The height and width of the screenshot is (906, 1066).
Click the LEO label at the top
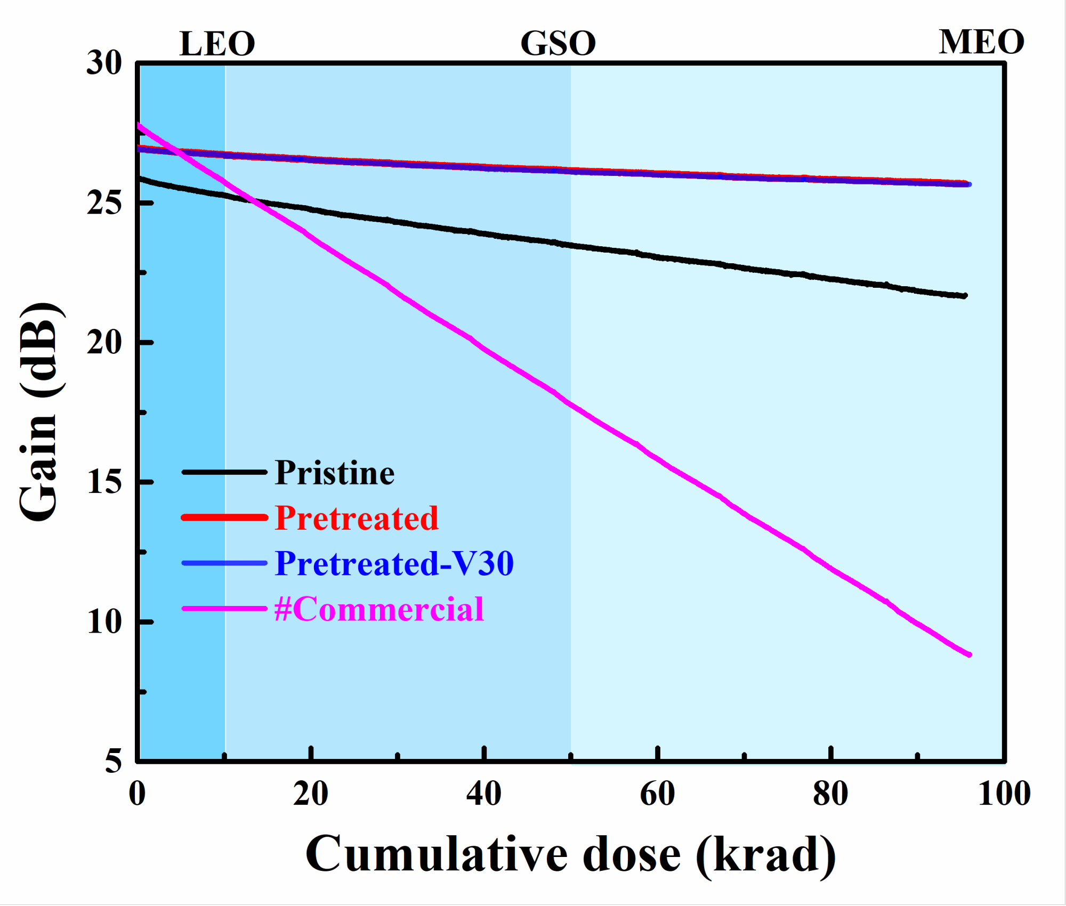217,44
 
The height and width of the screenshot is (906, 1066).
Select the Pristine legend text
334,473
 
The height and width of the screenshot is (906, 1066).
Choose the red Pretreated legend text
356,518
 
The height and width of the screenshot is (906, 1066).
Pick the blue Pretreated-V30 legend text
394,563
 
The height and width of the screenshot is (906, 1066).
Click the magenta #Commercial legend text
378,609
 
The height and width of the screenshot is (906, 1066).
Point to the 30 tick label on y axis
104,63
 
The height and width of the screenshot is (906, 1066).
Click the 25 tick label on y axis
104,203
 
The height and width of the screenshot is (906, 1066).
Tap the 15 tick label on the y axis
104,482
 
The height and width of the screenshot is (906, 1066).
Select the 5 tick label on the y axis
113,761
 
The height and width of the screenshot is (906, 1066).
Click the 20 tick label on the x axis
310,794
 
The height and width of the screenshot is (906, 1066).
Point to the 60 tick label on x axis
657,794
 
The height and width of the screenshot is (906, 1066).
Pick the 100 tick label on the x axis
1004,794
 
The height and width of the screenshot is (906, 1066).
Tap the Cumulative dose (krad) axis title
570,855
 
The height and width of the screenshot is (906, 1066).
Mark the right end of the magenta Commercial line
969,654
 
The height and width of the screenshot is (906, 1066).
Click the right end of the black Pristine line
965,296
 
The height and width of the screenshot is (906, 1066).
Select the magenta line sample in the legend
224,609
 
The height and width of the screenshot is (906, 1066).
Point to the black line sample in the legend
224,472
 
